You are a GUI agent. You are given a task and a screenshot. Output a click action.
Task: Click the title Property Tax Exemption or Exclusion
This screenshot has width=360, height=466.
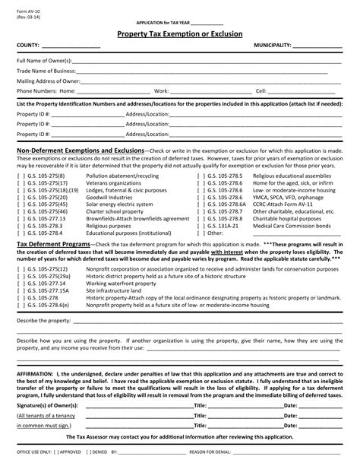tap(180, 34)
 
